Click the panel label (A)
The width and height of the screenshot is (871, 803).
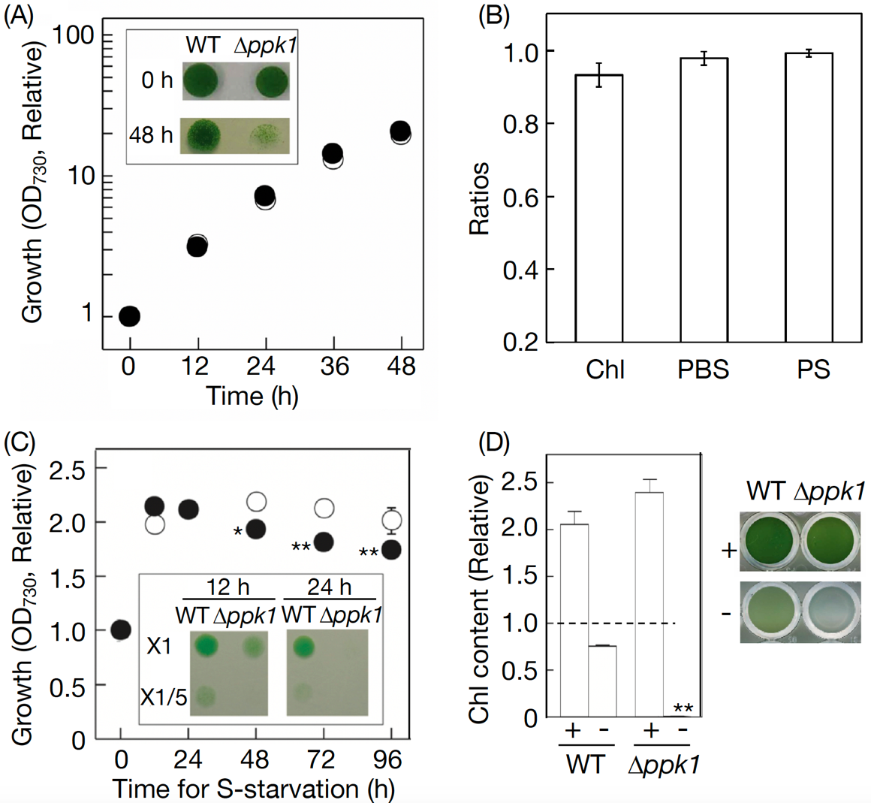point(19,16)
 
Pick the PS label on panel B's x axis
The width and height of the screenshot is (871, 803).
point(814,370)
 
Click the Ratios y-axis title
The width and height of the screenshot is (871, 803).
point(479,198)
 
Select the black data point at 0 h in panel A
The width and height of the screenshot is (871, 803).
point(129,316)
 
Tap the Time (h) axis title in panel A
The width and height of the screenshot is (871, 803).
point(252,396)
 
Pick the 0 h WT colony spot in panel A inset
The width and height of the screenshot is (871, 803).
point(201,80)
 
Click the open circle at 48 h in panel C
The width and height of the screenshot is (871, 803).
point(256,501)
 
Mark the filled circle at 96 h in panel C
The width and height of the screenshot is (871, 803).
point(390,550)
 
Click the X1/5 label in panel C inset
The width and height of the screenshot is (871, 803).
point(164,698)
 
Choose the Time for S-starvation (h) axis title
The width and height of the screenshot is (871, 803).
point(253,789)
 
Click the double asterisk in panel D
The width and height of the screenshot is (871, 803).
point(683,708)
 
